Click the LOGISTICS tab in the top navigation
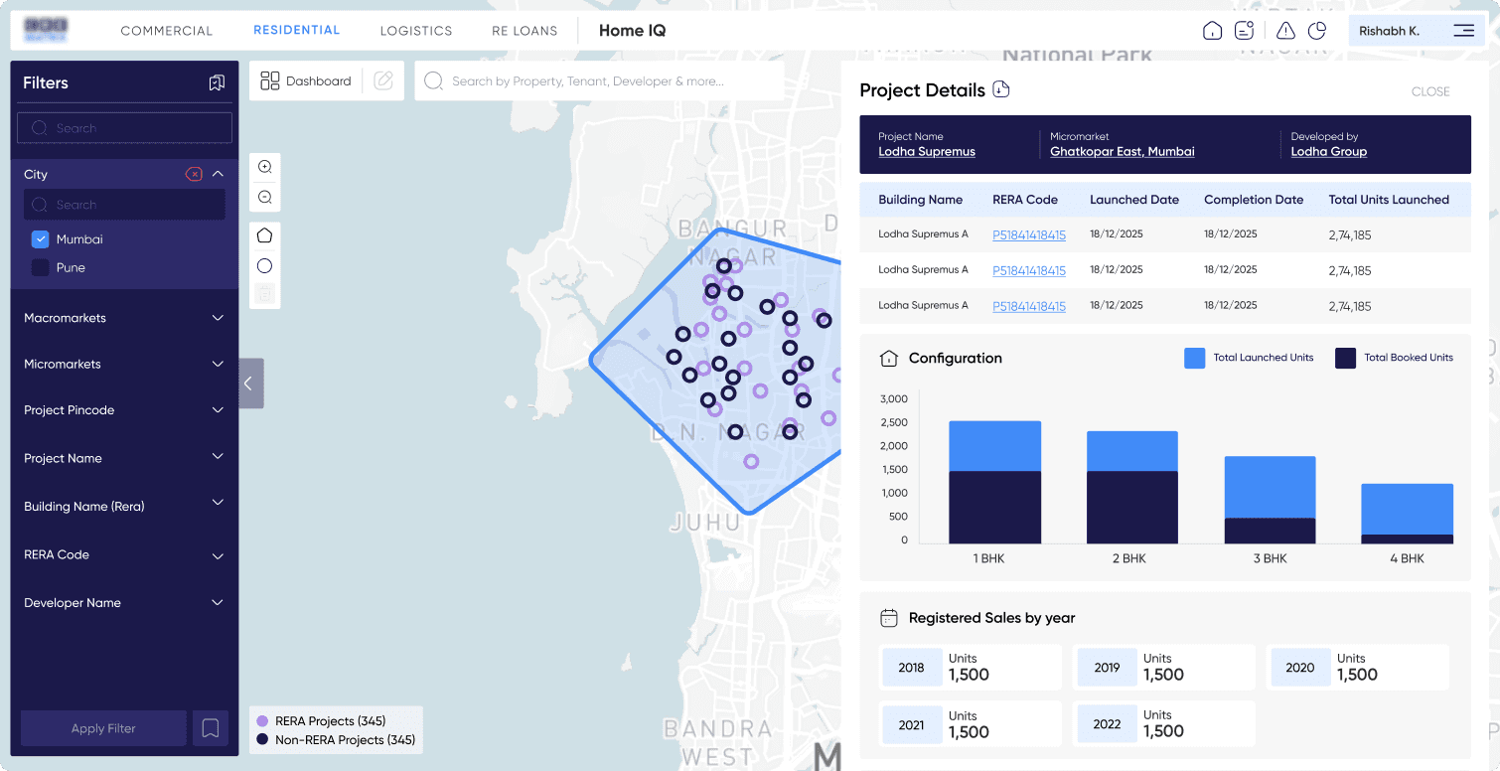415,31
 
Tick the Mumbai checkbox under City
41,239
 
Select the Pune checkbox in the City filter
41,267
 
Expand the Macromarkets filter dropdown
218,318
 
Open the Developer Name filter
218,603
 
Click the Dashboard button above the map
306,81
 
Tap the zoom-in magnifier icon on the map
265,167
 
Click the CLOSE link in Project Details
1430,91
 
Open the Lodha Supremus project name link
927,152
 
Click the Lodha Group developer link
1328,152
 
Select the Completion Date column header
1253,200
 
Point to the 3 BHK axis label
1270,558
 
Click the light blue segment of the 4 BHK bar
1407,509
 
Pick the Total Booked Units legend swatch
1345,358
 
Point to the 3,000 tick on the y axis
894,399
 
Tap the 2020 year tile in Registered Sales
1299,668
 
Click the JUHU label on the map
705,523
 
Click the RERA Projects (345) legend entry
329,721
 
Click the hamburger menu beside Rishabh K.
1463,31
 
